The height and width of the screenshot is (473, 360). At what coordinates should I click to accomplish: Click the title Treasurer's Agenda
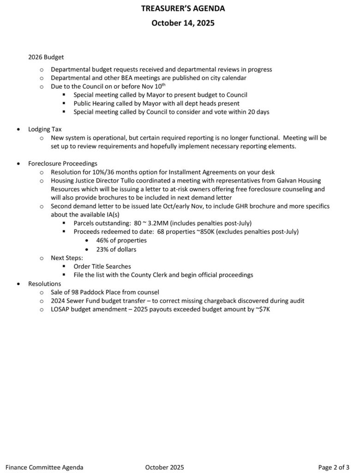[180, 8]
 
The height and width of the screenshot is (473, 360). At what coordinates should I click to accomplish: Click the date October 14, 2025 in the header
[180, 22]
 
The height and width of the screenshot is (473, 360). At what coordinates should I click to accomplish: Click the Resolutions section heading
[44, 283]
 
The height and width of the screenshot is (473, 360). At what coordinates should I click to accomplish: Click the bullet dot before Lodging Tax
[18, 129]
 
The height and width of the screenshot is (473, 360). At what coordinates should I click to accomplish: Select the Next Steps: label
[67, 258]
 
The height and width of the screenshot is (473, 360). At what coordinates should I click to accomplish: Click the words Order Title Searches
[102, 266]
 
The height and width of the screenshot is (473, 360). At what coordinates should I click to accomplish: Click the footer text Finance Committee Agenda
[45, 467]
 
